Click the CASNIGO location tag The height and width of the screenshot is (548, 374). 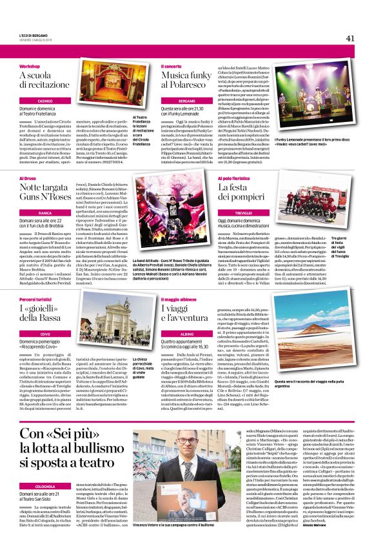pos(44,102)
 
